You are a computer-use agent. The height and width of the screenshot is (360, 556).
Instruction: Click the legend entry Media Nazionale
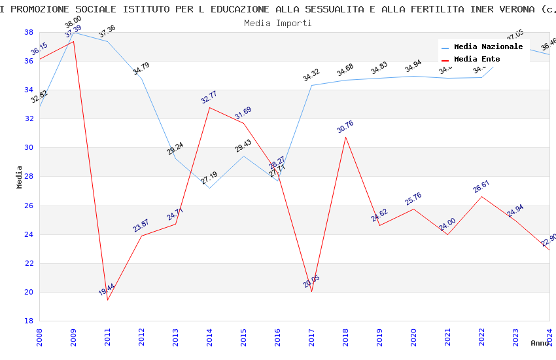(x=488, y=47)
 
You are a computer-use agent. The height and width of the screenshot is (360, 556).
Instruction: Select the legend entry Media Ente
(x=477, y=60)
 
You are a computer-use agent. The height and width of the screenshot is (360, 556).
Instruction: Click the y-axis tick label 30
(x=29, y=148)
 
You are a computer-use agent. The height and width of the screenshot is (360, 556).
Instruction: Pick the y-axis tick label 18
(x=29, y=321)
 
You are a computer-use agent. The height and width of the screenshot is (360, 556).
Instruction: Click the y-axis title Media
(x=20, y=177)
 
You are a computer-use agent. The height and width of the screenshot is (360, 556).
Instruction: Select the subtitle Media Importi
(x=277, y=23)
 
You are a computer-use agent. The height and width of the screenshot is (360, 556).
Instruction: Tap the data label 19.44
(x=107, y=289)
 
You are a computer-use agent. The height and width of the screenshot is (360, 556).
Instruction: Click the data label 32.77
(x=209, y=96)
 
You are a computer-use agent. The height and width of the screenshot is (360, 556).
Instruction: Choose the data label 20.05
(x=311, y=281)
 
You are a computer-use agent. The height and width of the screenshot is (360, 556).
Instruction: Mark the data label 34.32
(x=311, y=75)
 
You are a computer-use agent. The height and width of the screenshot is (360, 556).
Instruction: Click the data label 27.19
(x=209, y=177)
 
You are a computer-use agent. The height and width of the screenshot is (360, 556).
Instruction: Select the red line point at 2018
(x=345, y=137)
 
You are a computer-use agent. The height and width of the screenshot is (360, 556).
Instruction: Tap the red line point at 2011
(x=107, y=300)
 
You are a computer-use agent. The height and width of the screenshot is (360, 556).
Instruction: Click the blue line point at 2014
(x=209, y=188)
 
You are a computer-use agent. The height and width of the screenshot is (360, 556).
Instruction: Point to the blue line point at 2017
(x=311, y=85)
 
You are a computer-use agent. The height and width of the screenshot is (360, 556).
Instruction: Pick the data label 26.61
(x=481, y=187)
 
